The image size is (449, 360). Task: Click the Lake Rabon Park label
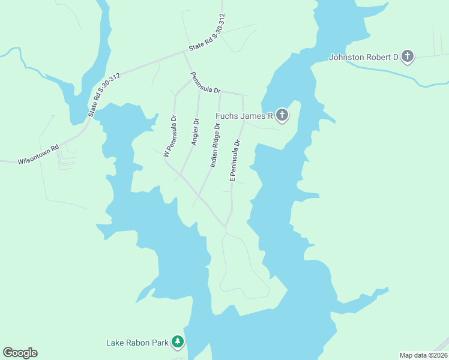(137, 343)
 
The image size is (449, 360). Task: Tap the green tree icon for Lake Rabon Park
(178, 342)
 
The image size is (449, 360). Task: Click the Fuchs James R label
(244, 115)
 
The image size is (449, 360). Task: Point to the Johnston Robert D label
(364, 58)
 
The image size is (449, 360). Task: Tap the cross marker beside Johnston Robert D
(408, 57)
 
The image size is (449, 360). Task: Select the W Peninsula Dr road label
(170, 136)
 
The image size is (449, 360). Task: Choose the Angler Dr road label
(194, 132)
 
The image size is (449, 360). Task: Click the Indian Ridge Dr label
(215, 145)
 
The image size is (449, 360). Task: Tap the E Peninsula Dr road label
(235, 161)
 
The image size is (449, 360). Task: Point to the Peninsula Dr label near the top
(205, 83)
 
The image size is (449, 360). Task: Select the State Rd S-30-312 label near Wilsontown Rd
(104, 94)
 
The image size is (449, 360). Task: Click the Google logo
(20, 353)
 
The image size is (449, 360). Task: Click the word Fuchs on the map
(228, 115)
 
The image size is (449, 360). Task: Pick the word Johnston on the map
(346, 58)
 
